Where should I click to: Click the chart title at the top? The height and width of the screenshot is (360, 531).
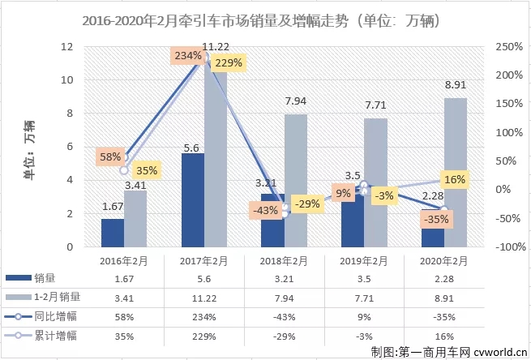pos(265,19)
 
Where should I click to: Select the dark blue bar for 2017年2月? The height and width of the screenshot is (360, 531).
pos(192,200)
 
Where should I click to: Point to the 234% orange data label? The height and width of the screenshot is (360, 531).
pos(186,56)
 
